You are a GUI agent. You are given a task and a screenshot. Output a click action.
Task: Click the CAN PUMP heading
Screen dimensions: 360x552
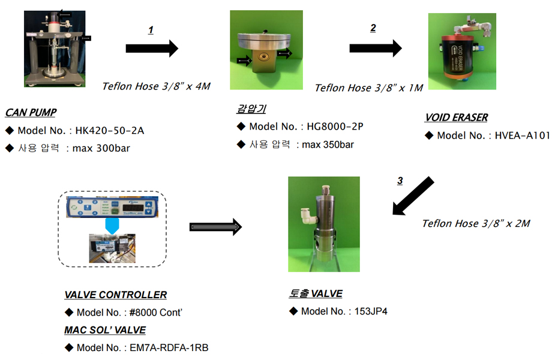[31, 112]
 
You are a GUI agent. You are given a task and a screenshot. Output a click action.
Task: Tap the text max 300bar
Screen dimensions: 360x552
[101, 148]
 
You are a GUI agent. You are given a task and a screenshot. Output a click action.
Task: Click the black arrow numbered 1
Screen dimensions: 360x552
[152, 49]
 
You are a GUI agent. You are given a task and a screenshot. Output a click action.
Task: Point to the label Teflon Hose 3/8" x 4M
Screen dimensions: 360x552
[157, 86]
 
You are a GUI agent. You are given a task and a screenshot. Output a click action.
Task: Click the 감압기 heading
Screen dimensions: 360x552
[251, 109]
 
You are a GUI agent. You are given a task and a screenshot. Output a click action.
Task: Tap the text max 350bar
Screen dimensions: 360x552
[328, 145]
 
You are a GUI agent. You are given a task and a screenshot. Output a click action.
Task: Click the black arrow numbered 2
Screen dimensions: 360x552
[376, 49]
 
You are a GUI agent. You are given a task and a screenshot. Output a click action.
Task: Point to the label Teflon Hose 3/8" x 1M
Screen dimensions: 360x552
[368, 88]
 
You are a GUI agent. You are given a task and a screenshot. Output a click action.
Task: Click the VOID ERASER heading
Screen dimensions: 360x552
[455, 118]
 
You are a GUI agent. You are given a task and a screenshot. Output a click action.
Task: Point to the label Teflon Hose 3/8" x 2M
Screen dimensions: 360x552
[476, 223]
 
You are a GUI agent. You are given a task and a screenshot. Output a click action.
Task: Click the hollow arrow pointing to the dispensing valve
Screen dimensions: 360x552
[215, 226]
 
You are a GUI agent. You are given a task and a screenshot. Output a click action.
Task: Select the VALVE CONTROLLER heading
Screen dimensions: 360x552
[115, 295]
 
